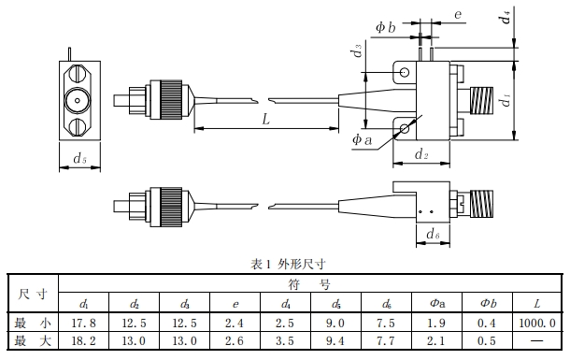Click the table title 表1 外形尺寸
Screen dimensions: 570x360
(288, 264)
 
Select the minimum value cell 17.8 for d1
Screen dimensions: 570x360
(83, 323)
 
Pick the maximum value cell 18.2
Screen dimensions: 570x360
(83, 340)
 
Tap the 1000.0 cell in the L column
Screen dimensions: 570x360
(537, 323)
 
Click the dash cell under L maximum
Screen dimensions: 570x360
(537, 340)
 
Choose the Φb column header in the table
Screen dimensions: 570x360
(488, 303)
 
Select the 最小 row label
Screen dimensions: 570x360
(33, 323)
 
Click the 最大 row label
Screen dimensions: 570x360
(33, 340)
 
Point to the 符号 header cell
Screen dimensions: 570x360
(309, 283)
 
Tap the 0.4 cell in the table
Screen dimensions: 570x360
(487, 323)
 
